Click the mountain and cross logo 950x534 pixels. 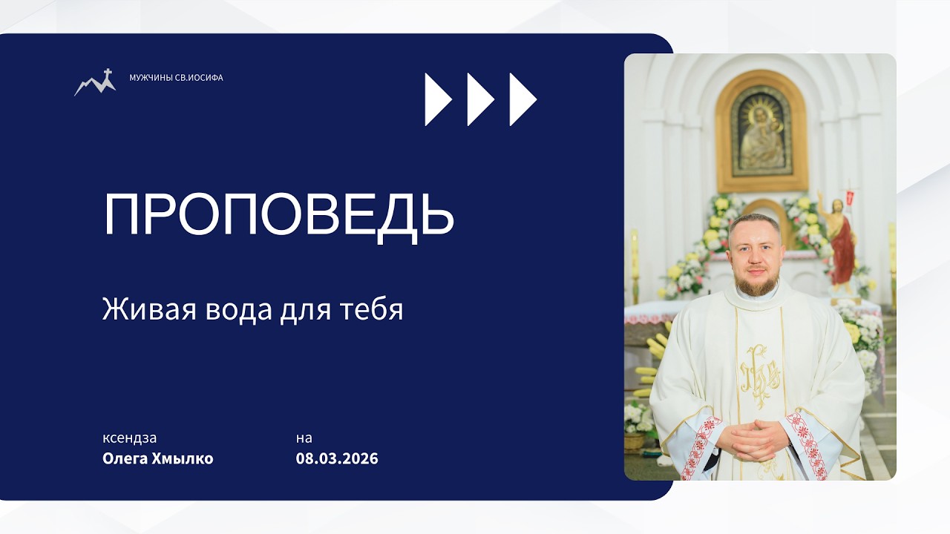coord(95,82)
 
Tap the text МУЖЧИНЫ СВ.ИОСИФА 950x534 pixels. coord(176,78)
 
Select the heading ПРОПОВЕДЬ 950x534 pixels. coord(278,214)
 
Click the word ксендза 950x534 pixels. coord(130,438)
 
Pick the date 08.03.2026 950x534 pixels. coord(337,458)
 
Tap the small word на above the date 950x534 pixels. coord(304,438)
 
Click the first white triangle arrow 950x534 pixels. coord(437,99)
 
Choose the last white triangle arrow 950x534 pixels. coord(522,99)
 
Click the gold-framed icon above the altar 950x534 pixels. coord(761,131)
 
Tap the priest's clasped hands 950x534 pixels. coord(751,435)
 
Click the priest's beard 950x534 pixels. coord(755,283)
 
